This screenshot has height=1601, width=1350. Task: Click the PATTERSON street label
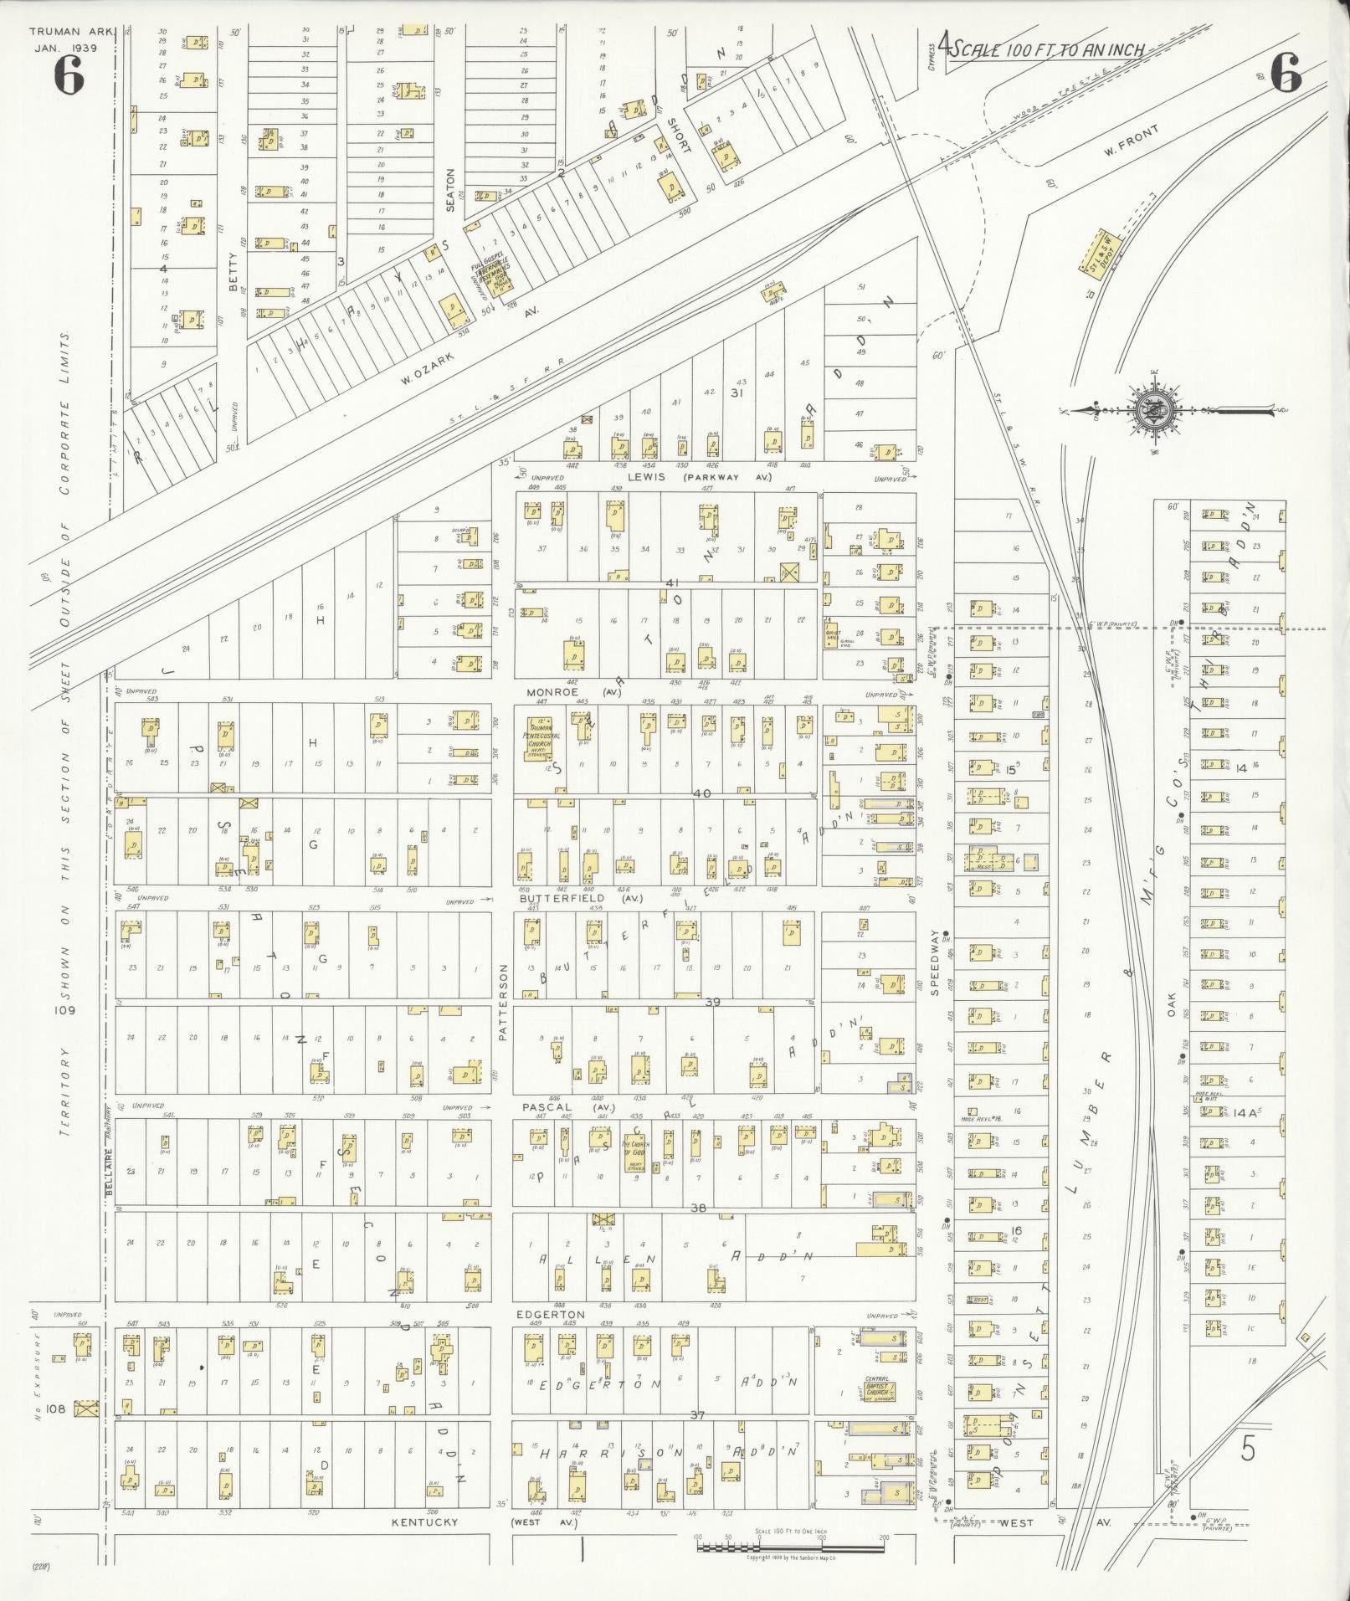503,1001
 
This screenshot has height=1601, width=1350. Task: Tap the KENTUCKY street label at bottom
425,1522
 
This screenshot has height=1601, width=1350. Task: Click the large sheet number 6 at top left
69,77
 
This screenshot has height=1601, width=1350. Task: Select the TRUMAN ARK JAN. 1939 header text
64,39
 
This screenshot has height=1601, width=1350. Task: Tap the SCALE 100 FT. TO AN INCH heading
1046,49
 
